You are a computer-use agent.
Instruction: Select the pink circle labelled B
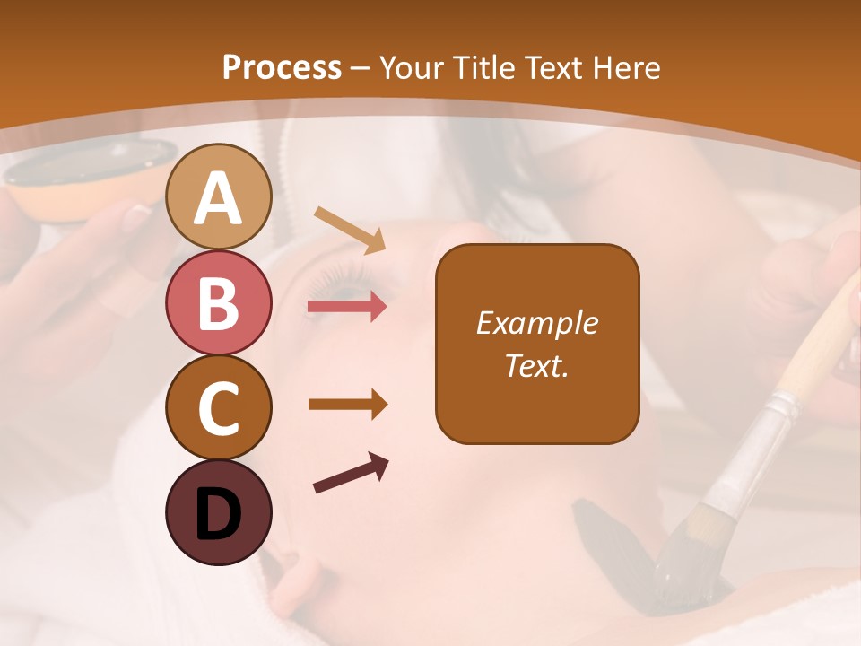(219, 302)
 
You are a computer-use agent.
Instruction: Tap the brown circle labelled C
(219, 407)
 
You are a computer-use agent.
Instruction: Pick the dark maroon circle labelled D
(219, 512)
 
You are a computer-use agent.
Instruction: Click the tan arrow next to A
(350, 230)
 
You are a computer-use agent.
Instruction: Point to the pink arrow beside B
(347, 307)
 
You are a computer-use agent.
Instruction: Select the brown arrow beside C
(347, 405)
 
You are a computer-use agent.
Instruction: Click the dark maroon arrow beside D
(351, 474)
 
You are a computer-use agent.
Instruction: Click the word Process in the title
(282, 67)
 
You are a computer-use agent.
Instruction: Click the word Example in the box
(537, 323)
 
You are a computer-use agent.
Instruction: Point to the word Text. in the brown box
(537, 365)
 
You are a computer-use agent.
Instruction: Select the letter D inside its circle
(219, 516)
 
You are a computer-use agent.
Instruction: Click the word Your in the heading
(414, 67)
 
